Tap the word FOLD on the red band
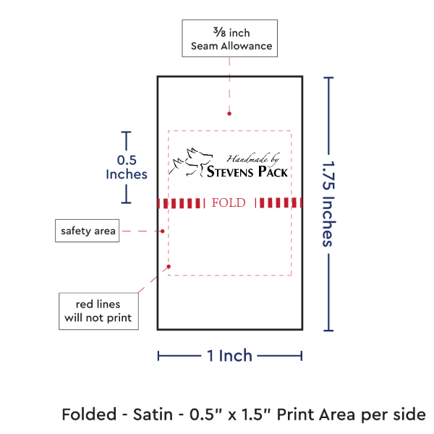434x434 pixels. [229, 203]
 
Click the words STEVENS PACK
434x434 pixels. [247, 172]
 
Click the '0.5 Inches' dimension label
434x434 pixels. [127, 167]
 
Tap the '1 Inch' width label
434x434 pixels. [229, 355]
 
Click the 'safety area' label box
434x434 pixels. [87, 231]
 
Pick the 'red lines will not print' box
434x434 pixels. [98, 310]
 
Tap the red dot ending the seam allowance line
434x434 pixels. [229, 113]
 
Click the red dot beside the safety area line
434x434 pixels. [162, 231]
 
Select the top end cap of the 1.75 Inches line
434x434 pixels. [330, 77]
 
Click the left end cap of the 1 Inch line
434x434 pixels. [158, 355]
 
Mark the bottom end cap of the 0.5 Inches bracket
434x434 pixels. [127, 203]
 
